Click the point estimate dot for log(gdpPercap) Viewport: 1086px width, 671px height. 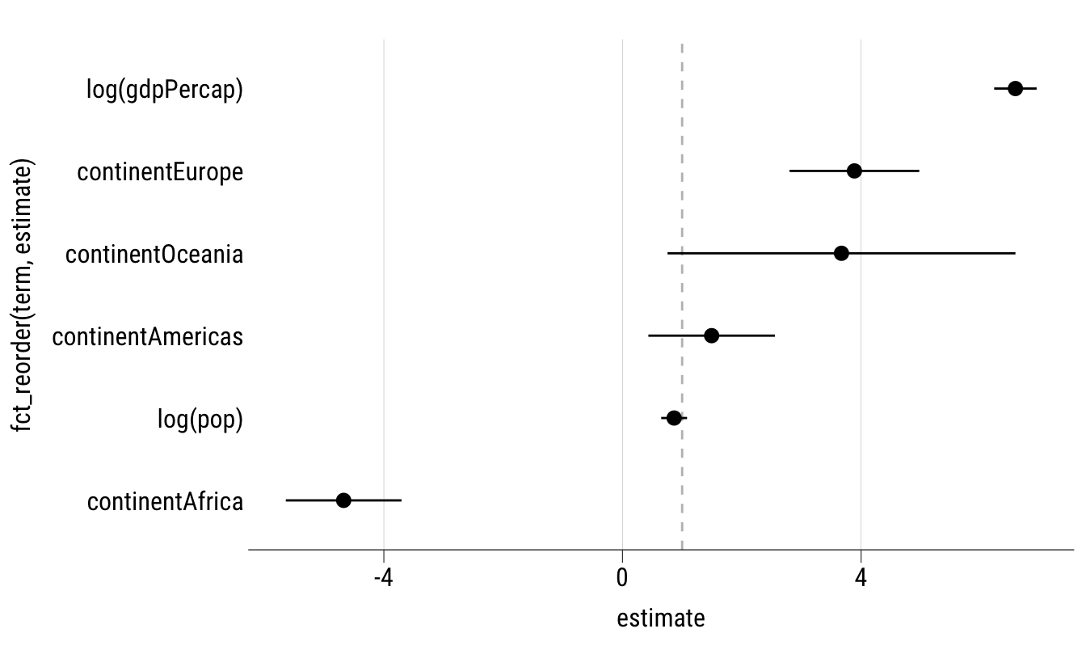point(1015,89)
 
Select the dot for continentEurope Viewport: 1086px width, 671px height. point(854,171)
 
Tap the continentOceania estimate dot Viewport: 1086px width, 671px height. point(841,253)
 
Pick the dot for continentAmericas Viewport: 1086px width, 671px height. point(711,335)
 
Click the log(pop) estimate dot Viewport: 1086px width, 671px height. point(674,418)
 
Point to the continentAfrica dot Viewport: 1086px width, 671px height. point(343,500)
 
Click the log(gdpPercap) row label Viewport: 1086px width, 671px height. point(165,89)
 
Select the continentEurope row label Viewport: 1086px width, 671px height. point(160,172)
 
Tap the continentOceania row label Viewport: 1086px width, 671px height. point(154,255)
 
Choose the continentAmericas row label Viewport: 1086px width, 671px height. point(147,336)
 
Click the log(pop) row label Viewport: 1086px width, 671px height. point(200,420)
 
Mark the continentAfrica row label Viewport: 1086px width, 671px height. point(165,502)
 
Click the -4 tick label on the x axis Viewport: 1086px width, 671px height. point(383,579)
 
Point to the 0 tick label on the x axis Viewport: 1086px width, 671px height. point(622,579)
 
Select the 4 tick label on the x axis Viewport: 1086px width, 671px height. point(861,579)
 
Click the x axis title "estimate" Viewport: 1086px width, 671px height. point(660,619)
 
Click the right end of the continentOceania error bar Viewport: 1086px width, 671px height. point(1014,253)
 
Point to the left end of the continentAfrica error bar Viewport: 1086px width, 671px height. point(286,500)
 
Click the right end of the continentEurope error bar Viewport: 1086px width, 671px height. point(919,171)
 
